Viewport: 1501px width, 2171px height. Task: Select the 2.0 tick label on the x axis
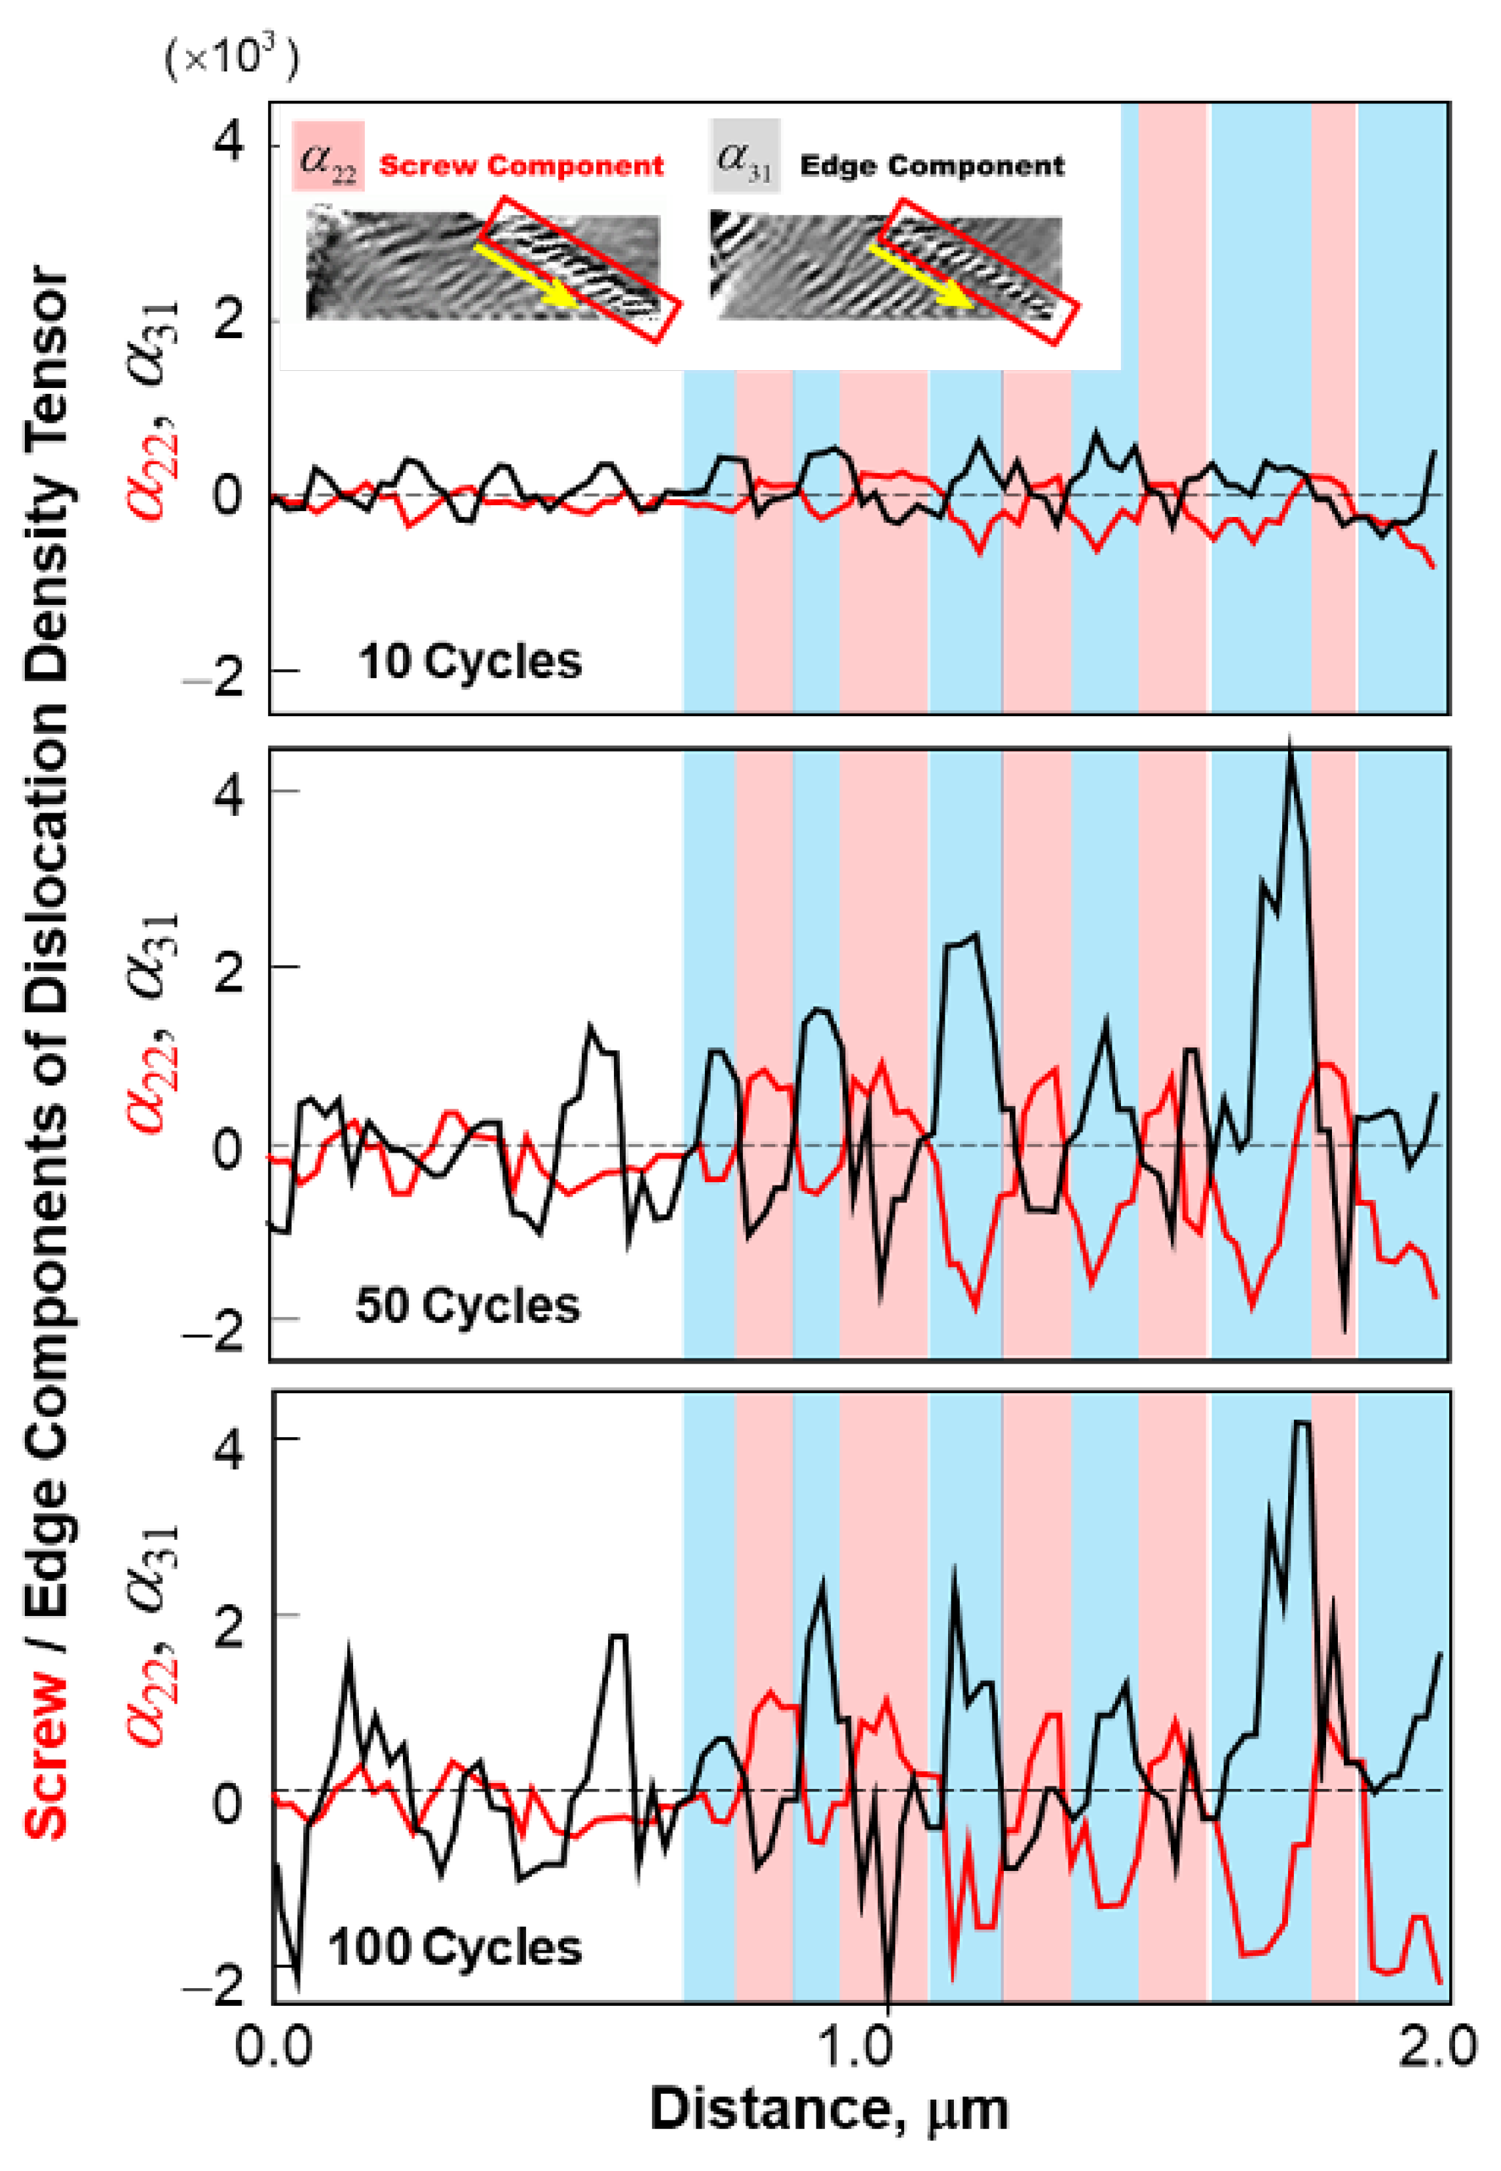point(1436,2047)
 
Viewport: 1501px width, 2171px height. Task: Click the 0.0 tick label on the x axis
point(273,2047)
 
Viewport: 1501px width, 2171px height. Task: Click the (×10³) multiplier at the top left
point(231,58)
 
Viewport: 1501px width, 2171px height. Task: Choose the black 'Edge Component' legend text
point(931,166)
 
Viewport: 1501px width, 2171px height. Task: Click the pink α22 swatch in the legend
point(328,156)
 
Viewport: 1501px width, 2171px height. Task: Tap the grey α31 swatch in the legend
point(745,156)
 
